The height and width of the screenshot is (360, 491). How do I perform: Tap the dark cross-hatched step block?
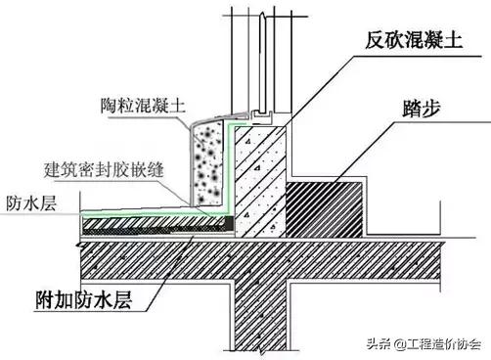[x=332, y=205]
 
